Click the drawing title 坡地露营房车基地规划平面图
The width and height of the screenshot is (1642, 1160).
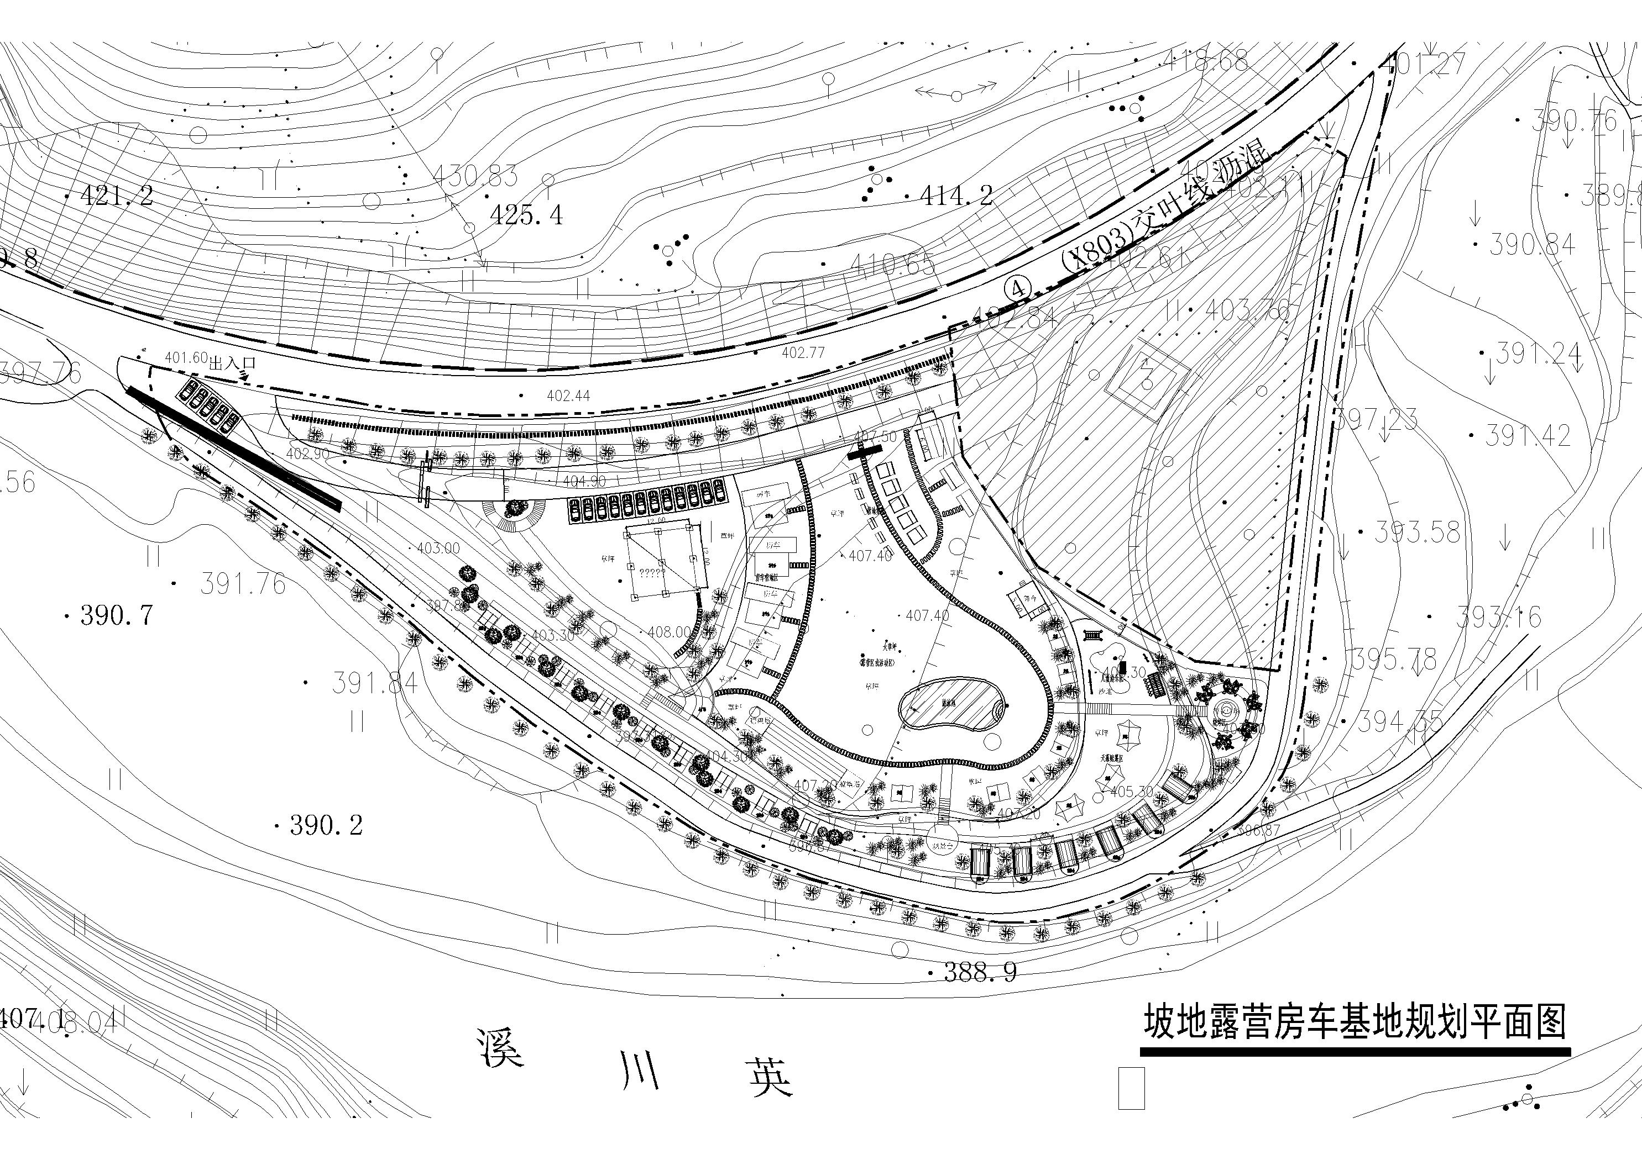1355,1021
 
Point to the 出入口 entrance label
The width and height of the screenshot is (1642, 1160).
232,363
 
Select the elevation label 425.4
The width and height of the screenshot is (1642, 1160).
526,214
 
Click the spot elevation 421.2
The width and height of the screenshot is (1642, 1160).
117,194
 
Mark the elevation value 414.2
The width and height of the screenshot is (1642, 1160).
956,194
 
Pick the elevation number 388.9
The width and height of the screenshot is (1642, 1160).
980,972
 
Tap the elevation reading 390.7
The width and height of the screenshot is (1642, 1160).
117,615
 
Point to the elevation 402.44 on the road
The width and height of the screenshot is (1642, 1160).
568,396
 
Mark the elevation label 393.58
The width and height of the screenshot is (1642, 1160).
1417,532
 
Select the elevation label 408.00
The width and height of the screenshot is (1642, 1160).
670,632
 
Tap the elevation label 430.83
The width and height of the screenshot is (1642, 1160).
475,175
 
